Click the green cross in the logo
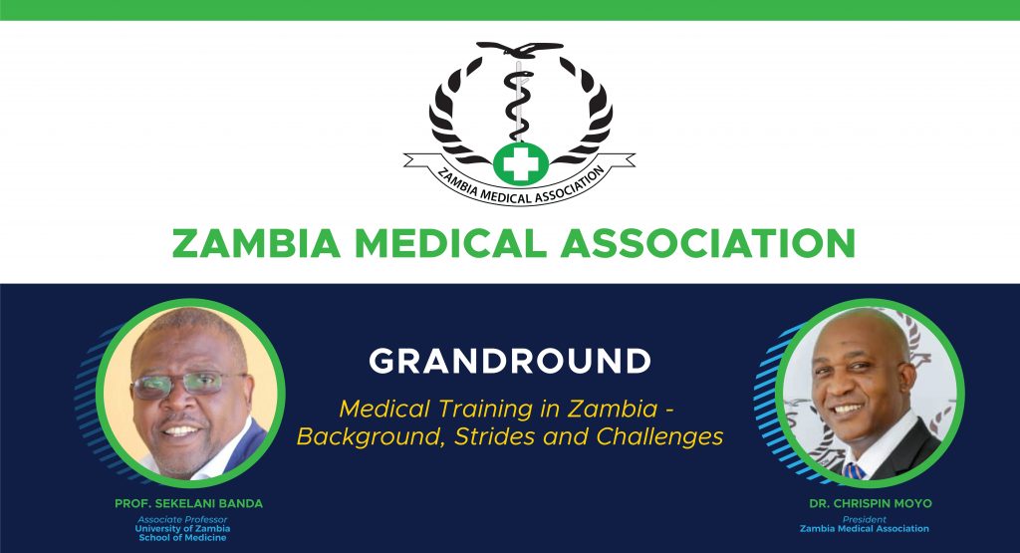coord(520,164)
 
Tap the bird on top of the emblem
coord(520,48)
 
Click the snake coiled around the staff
coord(517,103)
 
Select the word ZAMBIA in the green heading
coord(256,243)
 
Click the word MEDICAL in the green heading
coord(451,243)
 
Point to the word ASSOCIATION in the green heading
coord(708,243)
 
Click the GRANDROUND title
coord(510,361)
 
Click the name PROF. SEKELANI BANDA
coord(188,503)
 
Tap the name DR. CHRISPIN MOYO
coord(871,503)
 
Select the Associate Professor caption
coord(182,520)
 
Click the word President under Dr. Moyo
coord(864,520)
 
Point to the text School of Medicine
coord(183,538)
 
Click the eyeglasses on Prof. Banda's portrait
coord(187,384)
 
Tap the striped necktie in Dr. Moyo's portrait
coord(853,471)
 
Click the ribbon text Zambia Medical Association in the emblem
coord(521,187)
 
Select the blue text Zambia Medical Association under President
coord(865,529)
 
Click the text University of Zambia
coord(182,529)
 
